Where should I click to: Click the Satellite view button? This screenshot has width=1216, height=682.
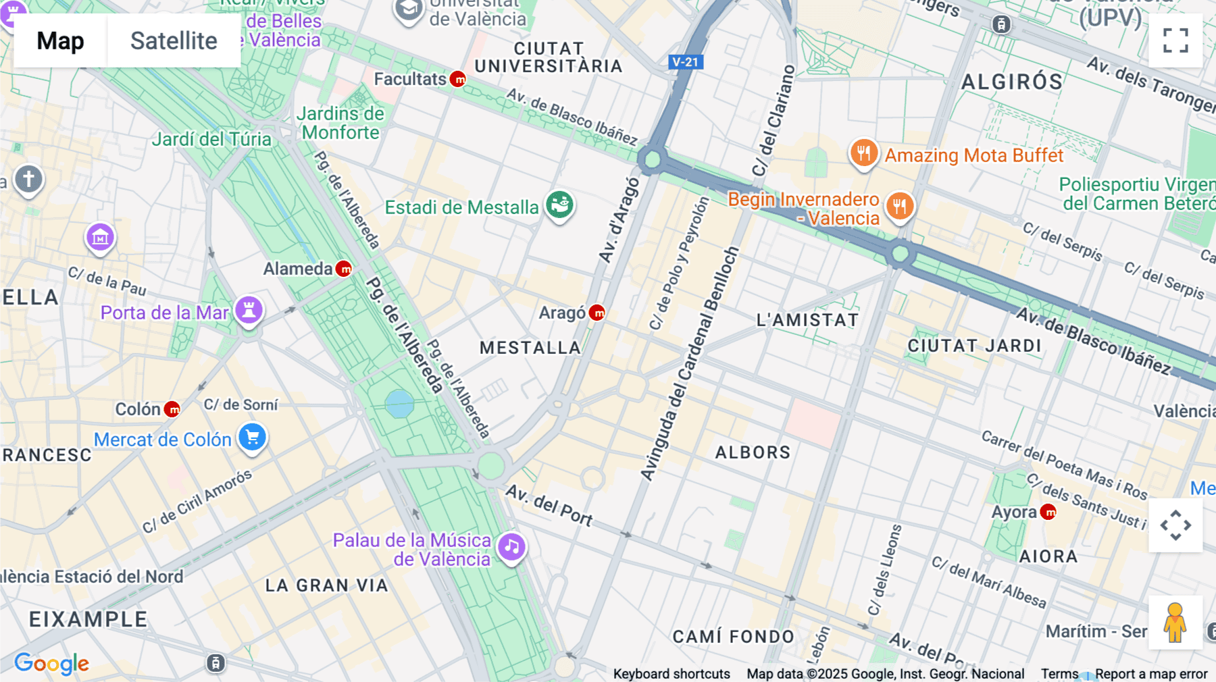[174, 41]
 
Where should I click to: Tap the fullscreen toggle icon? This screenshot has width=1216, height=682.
[1175, 41]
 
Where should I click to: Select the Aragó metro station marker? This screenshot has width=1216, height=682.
[597, 313]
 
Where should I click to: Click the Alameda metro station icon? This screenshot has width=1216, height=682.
[344, 269]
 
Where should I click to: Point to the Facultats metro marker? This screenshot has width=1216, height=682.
[458, 80]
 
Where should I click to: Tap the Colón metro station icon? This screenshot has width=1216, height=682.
[173, 409]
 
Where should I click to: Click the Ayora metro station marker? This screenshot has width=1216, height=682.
[1048, 513]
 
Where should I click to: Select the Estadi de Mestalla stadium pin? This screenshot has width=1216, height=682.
[559, 205]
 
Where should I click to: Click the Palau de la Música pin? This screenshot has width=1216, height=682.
[511, 547]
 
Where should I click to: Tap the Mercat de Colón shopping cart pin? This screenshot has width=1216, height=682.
[253, 437]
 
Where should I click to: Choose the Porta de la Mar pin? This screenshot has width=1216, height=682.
[249, 310]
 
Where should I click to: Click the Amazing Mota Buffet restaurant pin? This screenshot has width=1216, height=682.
[863, 153]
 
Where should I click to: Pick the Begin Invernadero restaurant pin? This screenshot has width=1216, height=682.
[899, 206]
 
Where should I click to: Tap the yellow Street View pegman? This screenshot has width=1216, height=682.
[1175, 623]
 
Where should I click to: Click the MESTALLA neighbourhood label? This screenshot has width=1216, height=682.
[530, 348]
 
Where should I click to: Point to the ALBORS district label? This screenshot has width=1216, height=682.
[753, 452]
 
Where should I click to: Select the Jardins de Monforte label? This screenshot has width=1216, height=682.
[340, 123]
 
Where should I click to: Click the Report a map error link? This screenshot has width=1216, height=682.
[1151, 674]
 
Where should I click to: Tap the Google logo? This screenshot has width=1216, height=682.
[51, 663]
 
